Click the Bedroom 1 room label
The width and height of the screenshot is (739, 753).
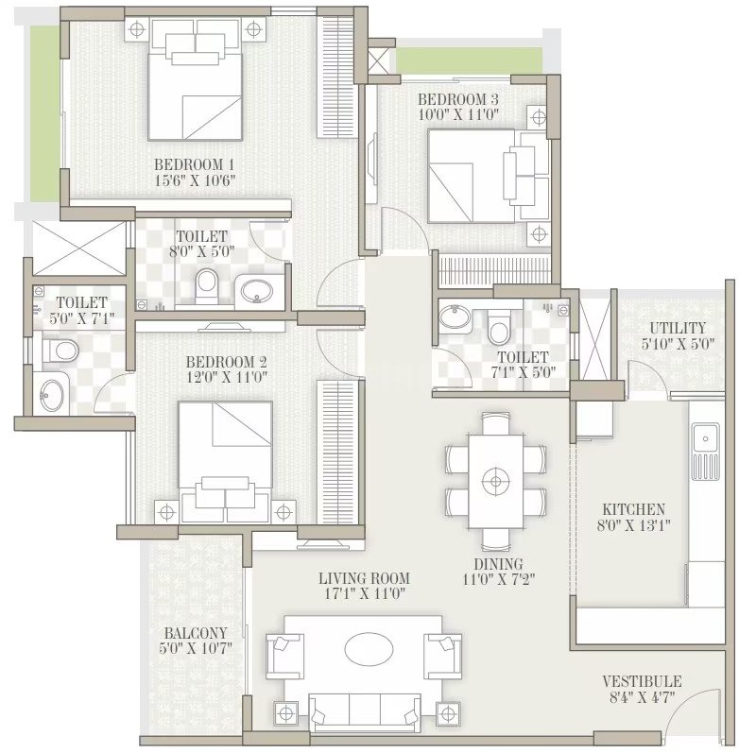[194, 164]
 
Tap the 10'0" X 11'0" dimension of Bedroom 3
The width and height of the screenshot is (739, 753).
[458, 114]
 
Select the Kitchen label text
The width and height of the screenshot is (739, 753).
[634, 509]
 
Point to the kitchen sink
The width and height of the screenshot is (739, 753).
[705, 451]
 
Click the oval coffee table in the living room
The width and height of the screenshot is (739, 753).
[369, 649]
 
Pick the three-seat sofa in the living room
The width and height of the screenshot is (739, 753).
[365, 712]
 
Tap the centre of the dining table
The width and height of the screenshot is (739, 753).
[496, 481]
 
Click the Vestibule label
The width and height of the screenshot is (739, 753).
[642, 681]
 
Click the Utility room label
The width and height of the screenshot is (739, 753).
[678, 328]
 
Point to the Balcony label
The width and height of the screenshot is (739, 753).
[196, 633]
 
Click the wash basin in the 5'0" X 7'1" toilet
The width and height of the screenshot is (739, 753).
[52, 395]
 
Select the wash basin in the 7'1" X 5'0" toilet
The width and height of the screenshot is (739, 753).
[455, 317]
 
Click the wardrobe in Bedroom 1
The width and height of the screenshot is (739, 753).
[335, 77]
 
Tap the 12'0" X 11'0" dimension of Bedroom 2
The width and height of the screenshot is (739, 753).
[226, 378]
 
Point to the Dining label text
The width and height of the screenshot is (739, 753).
[498, 564]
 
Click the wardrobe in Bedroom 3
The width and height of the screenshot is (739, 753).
[494, 271]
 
